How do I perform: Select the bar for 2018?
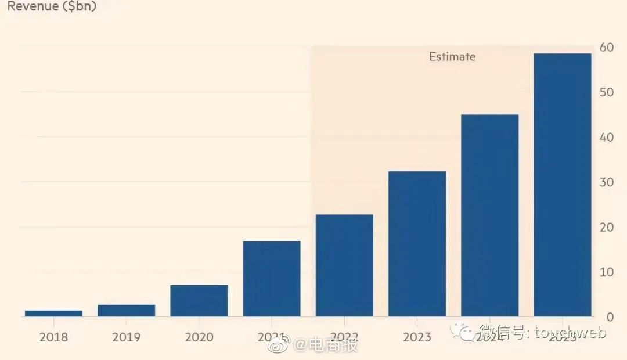point(53,313)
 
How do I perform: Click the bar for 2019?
point(126,310)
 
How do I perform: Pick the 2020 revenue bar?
point(199,300)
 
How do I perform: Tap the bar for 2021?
point(271,278)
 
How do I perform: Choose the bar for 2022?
point(344,265)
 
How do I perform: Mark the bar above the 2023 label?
point(417,244)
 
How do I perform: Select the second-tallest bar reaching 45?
point(489,215)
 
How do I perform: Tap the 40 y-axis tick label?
point(607,138)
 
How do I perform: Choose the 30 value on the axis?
point(607,182)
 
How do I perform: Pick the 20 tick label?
point(607,227)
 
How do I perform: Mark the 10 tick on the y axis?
point(607,272)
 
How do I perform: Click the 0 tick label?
point(610,317)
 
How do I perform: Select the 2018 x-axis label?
point(53,337)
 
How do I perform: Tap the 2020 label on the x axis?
point(199,337)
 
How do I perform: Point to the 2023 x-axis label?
point(417,337)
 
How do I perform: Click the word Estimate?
point(452,57)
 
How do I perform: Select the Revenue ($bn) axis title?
point(52,7)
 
